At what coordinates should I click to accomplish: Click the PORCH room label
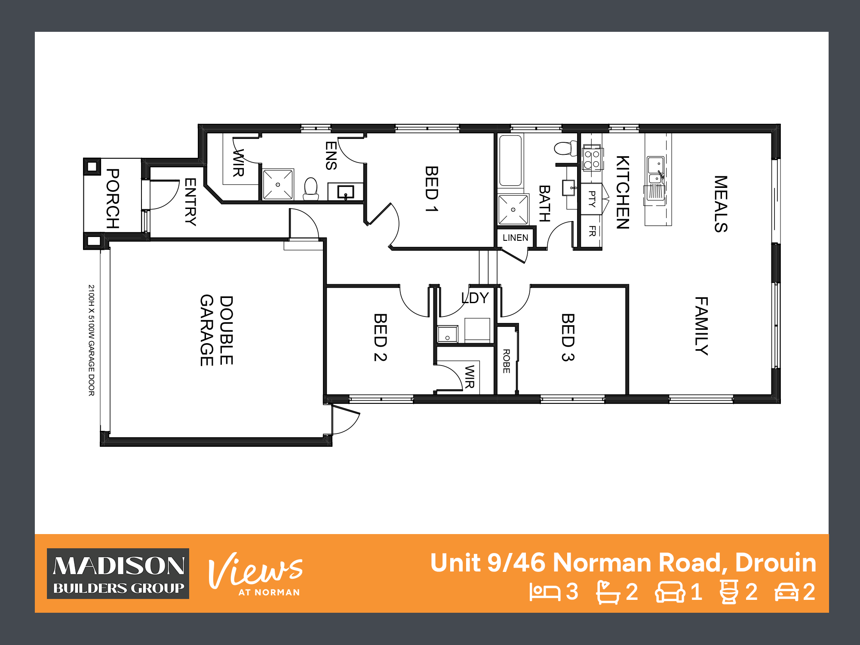pos(113,198)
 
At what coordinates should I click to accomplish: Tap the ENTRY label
pos(190,202)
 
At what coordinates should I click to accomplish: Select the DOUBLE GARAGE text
pos(217,330)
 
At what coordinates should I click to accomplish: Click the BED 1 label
pos(432,189)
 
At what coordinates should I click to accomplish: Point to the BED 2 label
pos(381,338)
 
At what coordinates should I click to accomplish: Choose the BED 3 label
pos(568,338)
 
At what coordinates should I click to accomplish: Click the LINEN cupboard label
pos(515,238)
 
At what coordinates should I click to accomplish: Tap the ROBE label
pos(507,361)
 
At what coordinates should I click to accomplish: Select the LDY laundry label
pos(475,298)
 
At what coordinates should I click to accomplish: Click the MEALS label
pos(721,204)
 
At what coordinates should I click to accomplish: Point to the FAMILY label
pos(702,326)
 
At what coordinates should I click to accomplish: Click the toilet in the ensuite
pos(311,189)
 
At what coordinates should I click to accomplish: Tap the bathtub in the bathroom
pos(511,160)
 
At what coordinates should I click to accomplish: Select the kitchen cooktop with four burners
pos(592,159)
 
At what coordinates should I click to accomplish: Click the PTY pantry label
pos(592,199)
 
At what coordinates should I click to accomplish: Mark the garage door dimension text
pos(91,340)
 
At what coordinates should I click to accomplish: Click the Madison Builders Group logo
pos(118,574)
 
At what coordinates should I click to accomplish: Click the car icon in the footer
pos(786,592)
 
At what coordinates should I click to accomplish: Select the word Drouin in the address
pos(776,562)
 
